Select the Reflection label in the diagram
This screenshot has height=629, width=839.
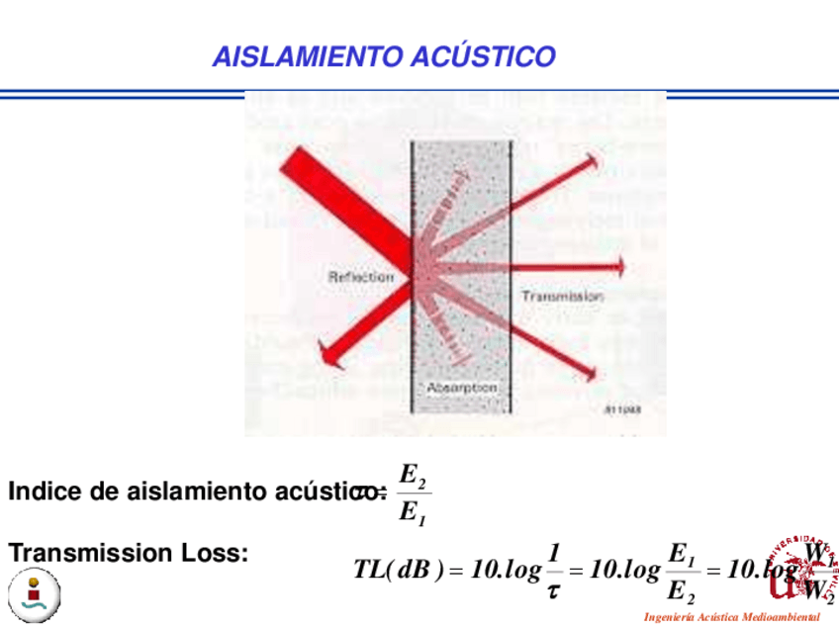point(360,277)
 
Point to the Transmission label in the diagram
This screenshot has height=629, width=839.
point(561,296)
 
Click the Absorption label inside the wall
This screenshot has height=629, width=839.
point(460,389)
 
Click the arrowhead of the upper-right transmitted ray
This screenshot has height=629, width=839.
point(592,161)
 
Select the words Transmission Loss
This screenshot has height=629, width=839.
point(127,554)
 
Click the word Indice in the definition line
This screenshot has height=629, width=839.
point(40,492)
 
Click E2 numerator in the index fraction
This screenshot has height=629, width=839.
point(411,475)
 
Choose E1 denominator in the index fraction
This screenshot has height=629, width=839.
point(411,513)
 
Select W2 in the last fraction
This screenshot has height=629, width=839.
point(819,592)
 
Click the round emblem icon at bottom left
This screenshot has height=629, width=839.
point(36,594)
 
